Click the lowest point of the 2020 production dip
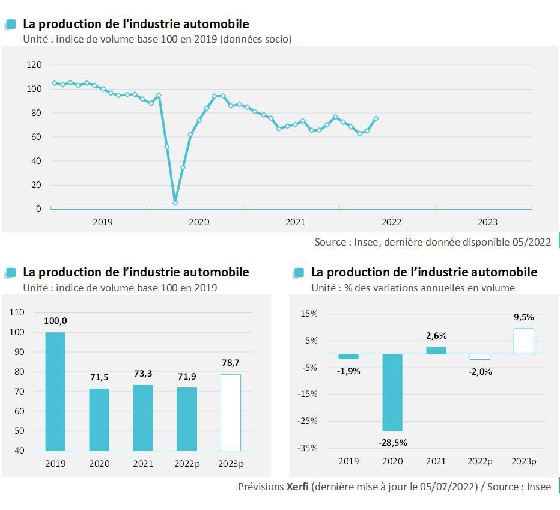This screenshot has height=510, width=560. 175,203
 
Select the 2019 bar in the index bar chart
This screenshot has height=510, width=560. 55,391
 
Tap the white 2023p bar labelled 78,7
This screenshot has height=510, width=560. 231,412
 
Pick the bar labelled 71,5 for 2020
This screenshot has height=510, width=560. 99,419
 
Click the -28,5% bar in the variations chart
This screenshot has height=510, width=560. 392,392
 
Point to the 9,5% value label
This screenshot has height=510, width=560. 523,317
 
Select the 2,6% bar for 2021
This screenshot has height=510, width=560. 436,350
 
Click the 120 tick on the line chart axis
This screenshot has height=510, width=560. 34,65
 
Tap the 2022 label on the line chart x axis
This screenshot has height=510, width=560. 391,222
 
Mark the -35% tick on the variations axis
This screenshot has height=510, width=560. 309,448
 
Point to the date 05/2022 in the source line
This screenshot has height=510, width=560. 531,242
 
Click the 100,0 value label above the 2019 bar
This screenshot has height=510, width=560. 55,321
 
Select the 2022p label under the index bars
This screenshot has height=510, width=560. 187,464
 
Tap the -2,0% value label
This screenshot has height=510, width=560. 479,371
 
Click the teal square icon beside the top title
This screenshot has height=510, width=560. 10,24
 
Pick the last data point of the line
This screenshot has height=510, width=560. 376,118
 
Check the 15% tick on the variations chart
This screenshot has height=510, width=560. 309,314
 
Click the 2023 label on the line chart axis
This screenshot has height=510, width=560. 487,222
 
